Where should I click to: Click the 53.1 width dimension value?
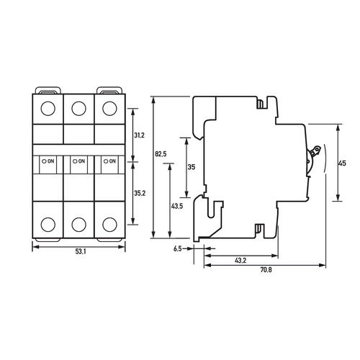point(81,251)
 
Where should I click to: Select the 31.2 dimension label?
point(139,135)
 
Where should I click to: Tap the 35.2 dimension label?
point(140,193)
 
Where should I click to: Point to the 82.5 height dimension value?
point(161,154)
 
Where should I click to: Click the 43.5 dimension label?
point(177,206)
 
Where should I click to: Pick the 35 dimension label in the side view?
point(192,167)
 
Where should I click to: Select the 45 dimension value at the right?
point(342,163)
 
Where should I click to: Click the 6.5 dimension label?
point(178,249)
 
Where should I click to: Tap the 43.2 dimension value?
point(240,261)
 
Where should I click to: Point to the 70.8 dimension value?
point(266,270)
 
